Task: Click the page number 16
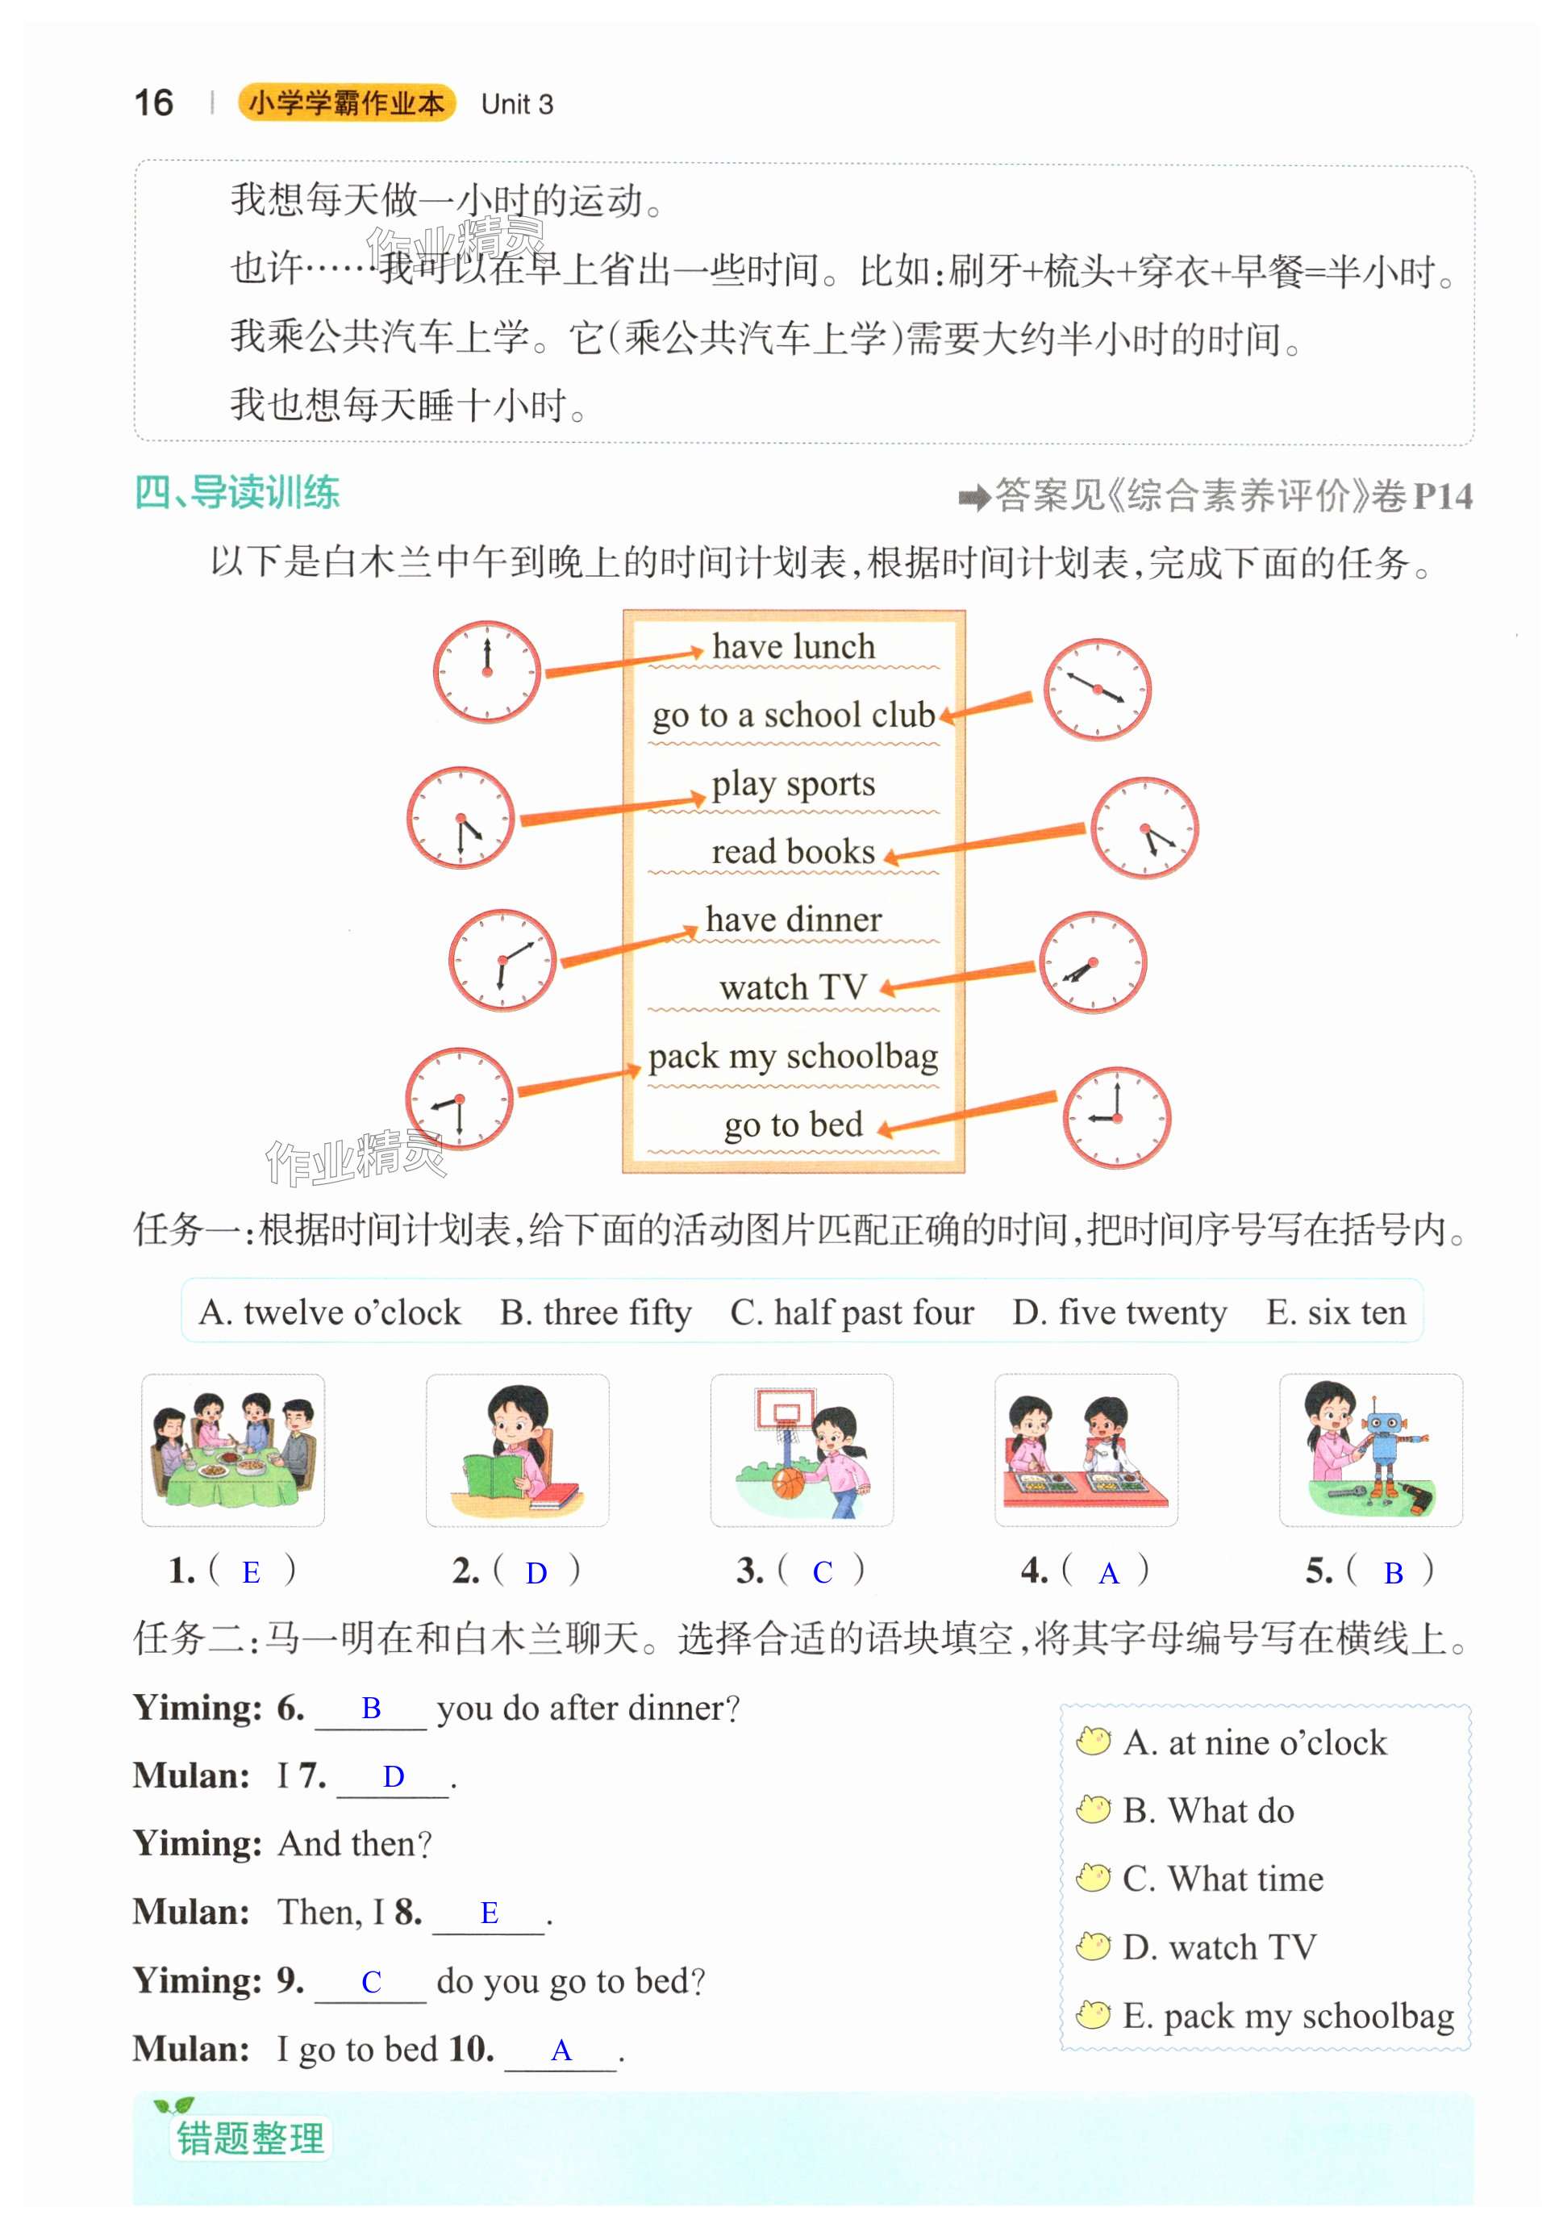click(153, 103)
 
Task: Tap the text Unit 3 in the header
click(516, 105)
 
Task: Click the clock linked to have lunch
click(486, 670)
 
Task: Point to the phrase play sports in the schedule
click(793, 783)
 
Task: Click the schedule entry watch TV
click(793, 987)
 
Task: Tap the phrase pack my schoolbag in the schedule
click(793, 1056)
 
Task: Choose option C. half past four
click(851, 1312)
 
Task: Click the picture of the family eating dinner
click(233, 1449)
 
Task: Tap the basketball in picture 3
click(789, 1483)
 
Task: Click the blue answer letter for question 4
click(1108, 1573)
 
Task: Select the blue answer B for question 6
click(371, 1708)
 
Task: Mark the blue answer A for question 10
click(561, 2051)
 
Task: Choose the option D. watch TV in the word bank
click(1219, 1947)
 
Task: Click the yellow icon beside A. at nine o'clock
click(1094, 1741)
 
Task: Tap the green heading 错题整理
click(250, 2138)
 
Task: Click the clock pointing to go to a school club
click(1096, 689)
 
